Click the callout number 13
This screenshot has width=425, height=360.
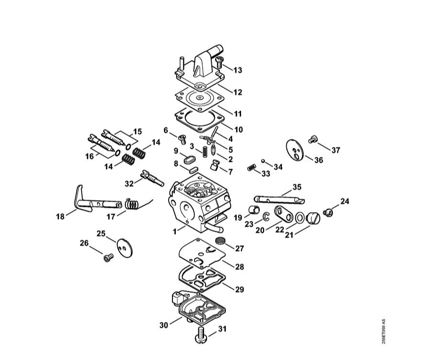click(238, 70)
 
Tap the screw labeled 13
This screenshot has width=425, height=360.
click(219, 62)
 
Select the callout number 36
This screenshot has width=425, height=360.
click(319, 160)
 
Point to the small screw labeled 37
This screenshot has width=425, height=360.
click(313, 139)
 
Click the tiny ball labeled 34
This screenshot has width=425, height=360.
click(263, 161)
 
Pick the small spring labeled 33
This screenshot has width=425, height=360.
click(252, 168)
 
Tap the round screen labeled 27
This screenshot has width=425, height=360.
click(219, 240)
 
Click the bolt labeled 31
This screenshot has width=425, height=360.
click(201, 336)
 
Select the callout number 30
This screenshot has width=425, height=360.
click(164, 325)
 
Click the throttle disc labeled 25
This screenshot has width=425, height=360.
click(125, 248)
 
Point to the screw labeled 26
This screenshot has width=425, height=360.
click(108, 258)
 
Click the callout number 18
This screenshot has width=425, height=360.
click(60, 216)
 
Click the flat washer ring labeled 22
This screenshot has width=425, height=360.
click(300, 218)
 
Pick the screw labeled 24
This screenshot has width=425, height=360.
click(328, 213)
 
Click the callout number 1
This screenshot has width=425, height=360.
click(175, 232)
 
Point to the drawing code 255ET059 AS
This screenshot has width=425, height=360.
click(383, 332)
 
